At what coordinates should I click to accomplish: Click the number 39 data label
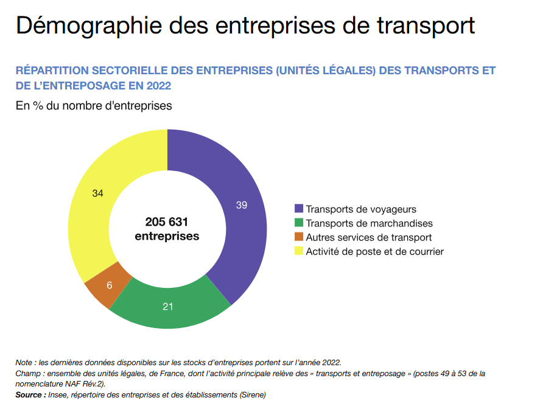(242, 205)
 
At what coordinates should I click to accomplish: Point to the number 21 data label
(168, 306)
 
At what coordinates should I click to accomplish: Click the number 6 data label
(110, 285)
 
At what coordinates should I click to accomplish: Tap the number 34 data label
(98, 194)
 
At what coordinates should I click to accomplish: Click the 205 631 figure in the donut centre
(167, 222)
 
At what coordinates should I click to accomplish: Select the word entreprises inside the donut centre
(167, 236)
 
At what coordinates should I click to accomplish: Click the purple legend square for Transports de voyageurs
(299, 209)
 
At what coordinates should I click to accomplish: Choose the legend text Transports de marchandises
(369, 223)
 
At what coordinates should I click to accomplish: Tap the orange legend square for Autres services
(299, 237)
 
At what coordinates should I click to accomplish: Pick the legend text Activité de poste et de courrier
(374, 251)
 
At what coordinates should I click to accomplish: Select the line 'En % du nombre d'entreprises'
(94, 106)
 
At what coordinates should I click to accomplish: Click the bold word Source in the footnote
(29, 395)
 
